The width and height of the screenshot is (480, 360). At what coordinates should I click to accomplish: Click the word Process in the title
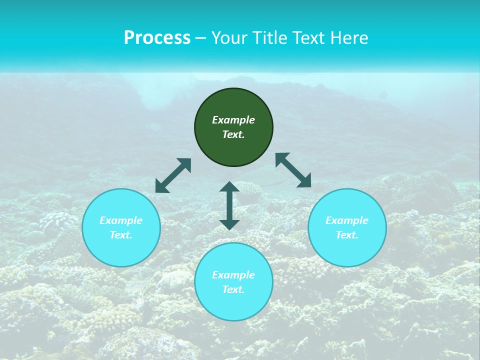(x=157, y=38)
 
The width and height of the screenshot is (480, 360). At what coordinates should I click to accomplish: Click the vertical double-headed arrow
(x=229, y=205)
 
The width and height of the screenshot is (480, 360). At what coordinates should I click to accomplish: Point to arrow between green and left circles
(x=173, y=175)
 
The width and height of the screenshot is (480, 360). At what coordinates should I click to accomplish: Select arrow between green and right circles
(x=293, y=170)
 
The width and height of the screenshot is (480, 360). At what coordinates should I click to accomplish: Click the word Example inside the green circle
(x=233, y=120)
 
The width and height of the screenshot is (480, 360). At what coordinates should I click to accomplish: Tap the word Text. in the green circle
(x=233, y=134)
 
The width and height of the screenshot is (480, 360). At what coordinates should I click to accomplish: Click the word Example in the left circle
(x=121, y=220)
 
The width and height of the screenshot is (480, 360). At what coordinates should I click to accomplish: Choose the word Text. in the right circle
(x=347, y=235)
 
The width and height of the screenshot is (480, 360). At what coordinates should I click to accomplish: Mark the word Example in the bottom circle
(x=233, y=275)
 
